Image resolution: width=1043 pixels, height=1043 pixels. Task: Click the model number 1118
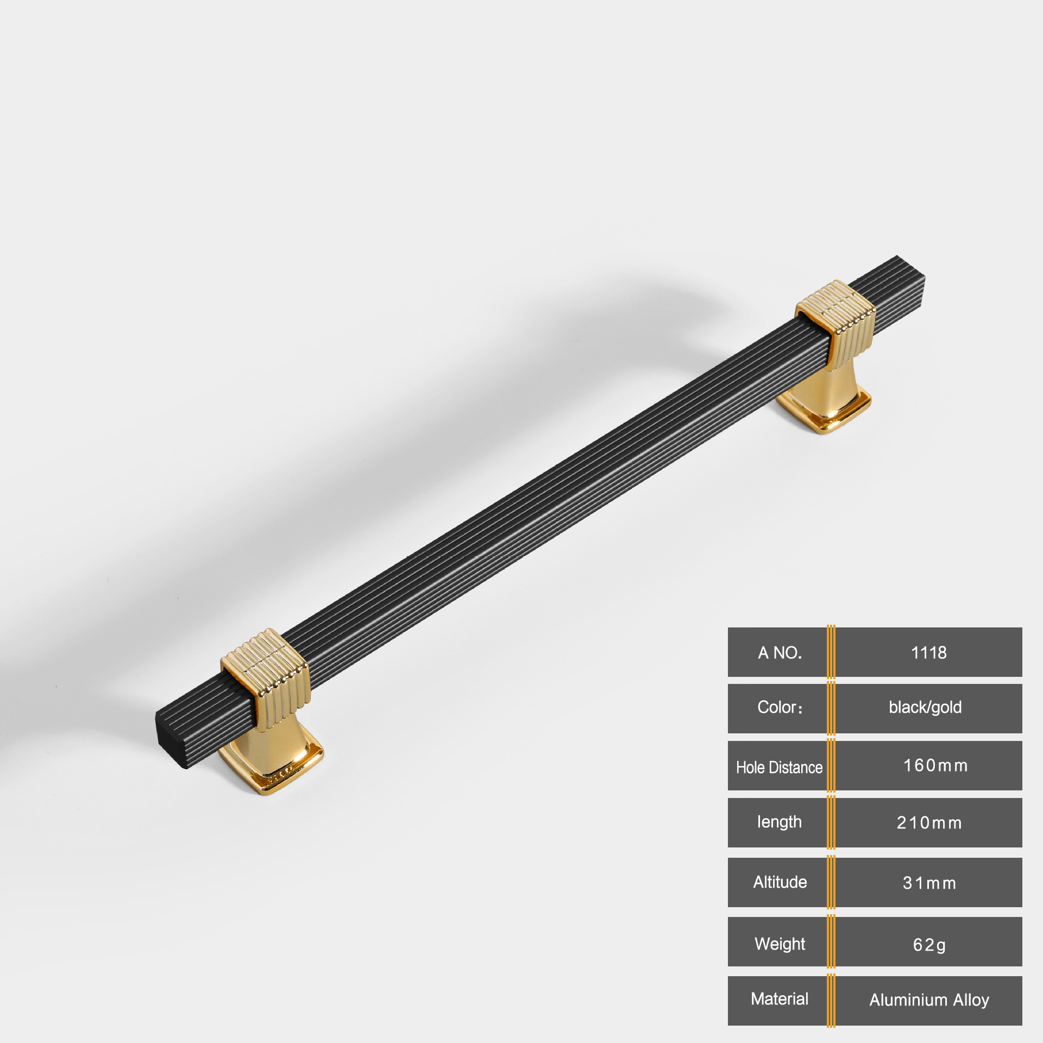(928, 652)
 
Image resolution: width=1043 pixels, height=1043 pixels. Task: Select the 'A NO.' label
(780, 652)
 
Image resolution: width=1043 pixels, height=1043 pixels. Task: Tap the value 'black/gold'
(925, 707)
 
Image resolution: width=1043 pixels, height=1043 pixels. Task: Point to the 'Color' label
(780, 707)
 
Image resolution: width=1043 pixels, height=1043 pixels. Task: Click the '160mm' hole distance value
(935, 765)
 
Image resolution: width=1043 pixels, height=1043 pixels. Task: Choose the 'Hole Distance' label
(779, 767)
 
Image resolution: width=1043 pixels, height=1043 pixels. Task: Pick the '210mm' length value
(929, 822)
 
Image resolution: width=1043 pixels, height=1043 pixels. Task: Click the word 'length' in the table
(779, 822)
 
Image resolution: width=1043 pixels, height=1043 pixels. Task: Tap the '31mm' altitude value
(929, 883)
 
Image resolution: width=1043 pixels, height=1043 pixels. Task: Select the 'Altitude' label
(780, 882)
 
